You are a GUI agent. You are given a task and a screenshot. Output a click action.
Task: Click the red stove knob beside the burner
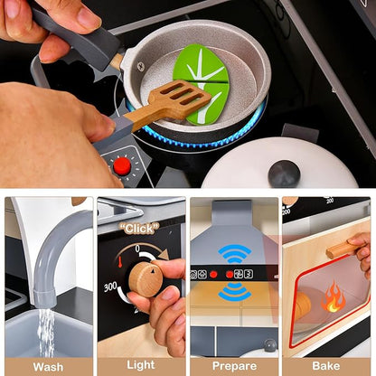[122, 166]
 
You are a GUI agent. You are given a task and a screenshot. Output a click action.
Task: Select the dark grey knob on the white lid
[284, 174]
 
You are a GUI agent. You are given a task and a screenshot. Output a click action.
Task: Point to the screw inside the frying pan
[141, 66]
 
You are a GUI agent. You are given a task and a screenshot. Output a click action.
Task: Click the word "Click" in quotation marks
[139, 229]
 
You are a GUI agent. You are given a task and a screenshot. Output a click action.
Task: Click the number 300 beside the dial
[110, 287]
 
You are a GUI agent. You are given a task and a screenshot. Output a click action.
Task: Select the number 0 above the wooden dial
[137, 249]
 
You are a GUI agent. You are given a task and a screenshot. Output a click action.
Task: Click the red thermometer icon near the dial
[119, 262]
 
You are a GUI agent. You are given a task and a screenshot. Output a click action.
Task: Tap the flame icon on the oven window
[333, 297]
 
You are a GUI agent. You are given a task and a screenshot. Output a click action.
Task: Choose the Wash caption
[48, 367]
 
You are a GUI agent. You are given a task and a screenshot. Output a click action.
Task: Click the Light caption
[141, 365]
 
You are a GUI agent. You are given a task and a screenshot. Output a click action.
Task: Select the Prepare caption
[234, 366]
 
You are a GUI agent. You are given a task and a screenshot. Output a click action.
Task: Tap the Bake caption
[326, 366]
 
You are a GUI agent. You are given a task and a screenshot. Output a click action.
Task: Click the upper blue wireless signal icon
[234, 253]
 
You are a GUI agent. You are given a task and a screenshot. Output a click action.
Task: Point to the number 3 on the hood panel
[249, 274]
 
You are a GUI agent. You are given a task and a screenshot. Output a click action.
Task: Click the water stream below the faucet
[46, 332]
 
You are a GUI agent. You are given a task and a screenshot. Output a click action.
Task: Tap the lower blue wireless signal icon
[234, 293]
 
